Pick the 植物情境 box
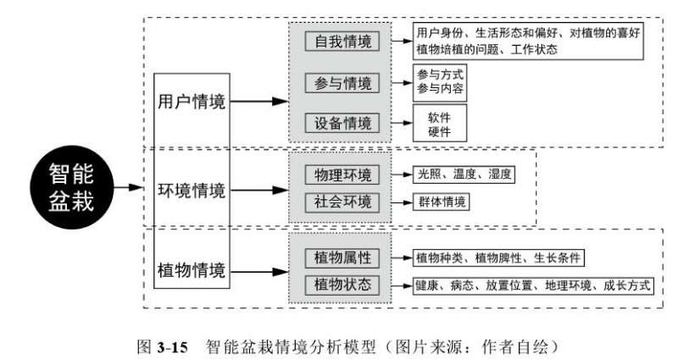(x=192, y=271)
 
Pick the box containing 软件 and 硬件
(x=440, y=124)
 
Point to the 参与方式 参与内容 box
(x=440, y=82)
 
